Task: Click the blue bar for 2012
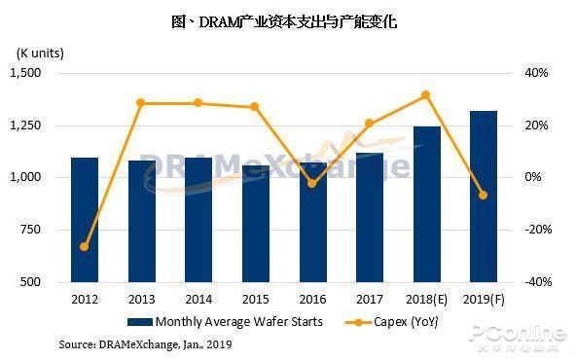(85, 220)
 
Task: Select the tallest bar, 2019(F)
(484, 197)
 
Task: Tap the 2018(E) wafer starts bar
(427, 204)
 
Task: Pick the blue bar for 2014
(198, 220)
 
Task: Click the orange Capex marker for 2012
(85, 246)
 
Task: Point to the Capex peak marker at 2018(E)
(426, 95)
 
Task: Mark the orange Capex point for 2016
(312, 183)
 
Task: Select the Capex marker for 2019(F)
(484, 195)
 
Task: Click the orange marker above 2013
(141, 103)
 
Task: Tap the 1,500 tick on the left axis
(25, 73)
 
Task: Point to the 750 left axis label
(30, 230)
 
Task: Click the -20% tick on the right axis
(538, 230)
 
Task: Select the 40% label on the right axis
(536, 73)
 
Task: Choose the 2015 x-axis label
(256, 300)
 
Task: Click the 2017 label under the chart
(370, 300)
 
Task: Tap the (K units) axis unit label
(40, 54)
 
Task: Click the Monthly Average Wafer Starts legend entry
(225, 322)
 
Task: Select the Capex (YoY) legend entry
(391, 322)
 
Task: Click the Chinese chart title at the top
(284, 21)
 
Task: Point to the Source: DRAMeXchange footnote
(146, 344)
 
